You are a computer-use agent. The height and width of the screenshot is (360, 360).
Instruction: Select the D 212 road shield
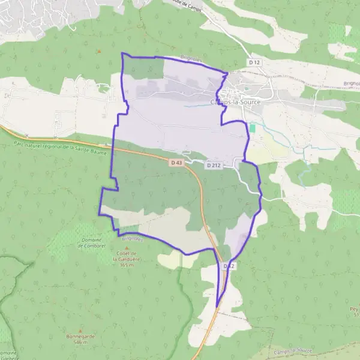(214, 165)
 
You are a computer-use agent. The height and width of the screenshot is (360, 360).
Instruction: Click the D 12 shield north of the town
(255, 62)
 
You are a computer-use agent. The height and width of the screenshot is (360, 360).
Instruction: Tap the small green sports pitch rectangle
(253, 128)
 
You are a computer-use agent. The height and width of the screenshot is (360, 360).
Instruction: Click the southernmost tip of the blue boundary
(216, 307)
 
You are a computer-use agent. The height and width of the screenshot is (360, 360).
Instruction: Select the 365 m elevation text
(127, 265)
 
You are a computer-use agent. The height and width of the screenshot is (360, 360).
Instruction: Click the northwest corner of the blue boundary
(122, 53)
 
